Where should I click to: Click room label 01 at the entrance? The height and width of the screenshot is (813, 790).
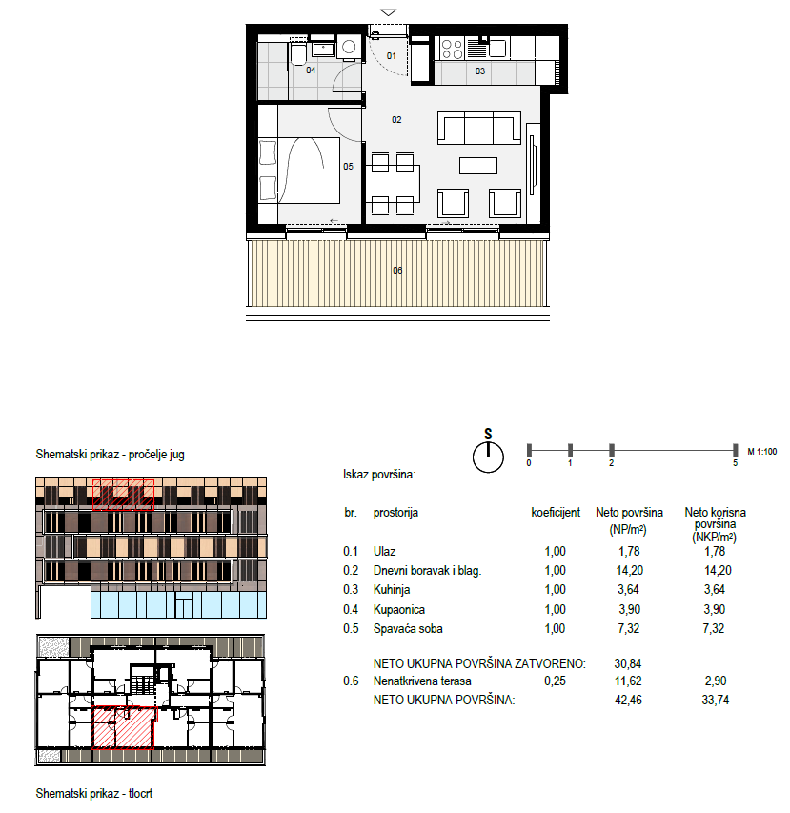click(x=392, y=55)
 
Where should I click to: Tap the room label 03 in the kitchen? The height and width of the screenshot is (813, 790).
click(x=480, y=71)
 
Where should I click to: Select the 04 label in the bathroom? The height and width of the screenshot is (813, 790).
click(x=311, y=70)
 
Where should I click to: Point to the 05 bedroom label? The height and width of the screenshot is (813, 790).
click(x=348, y=167)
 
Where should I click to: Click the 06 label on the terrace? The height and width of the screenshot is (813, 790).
click(x=397, y=270)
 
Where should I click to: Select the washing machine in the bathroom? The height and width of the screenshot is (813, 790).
click(x=349, y=48)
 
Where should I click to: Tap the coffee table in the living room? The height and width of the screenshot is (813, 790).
click(x=478, y=166)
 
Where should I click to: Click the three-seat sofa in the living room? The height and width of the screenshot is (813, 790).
click(x=479, y=128)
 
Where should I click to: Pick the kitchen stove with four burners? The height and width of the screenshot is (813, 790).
click(x=452, y=50)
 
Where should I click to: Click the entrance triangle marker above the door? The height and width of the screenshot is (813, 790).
click(x=388, y=12)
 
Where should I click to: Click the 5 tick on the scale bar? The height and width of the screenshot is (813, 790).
click(x=735, y=450)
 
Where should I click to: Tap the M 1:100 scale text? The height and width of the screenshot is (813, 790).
click(x=762, y=452)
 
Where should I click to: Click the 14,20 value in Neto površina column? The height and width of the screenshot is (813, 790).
click(x=629, y=571)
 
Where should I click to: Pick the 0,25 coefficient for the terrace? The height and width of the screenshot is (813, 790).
click(x=555, y=681)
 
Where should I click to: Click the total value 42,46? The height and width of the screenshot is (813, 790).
click(x=628, y=701)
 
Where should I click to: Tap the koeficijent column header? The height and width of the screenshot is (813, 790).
click(x=556, y=513)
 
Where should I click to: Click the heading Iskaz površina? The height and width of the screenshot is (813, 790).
click(x=379, y=475)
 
